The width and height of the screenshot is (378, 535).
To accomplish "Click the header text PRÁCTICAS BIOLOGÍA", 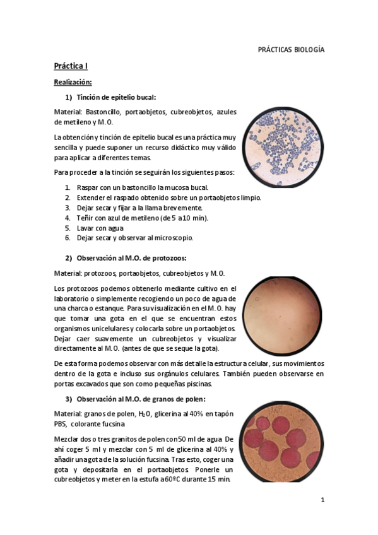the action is pos(291,50).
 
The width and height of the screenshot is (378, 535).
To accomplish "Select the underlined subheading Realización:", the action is pos(73,82).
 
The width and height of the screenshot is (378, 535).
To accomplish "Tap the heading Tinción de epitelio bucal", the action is pos(116,97).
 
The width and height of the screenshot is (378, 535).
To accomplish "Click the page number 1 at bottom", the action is pos(322,500).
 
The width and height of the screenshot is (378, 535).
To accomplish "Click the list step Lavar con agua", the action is pos(100,228).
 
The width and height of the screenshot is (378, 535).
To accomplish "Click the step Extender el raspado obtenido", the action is pos(168,197).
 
